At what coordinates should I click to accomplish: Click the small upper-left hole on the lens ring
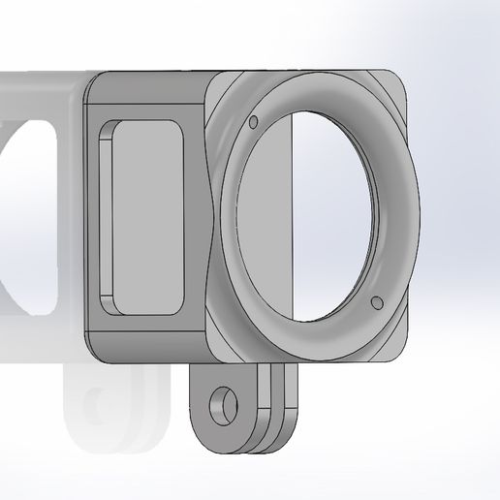click(x=253, y=123)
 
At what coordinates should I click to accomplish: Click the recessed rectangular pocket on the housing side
click(x=145, y=217)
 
